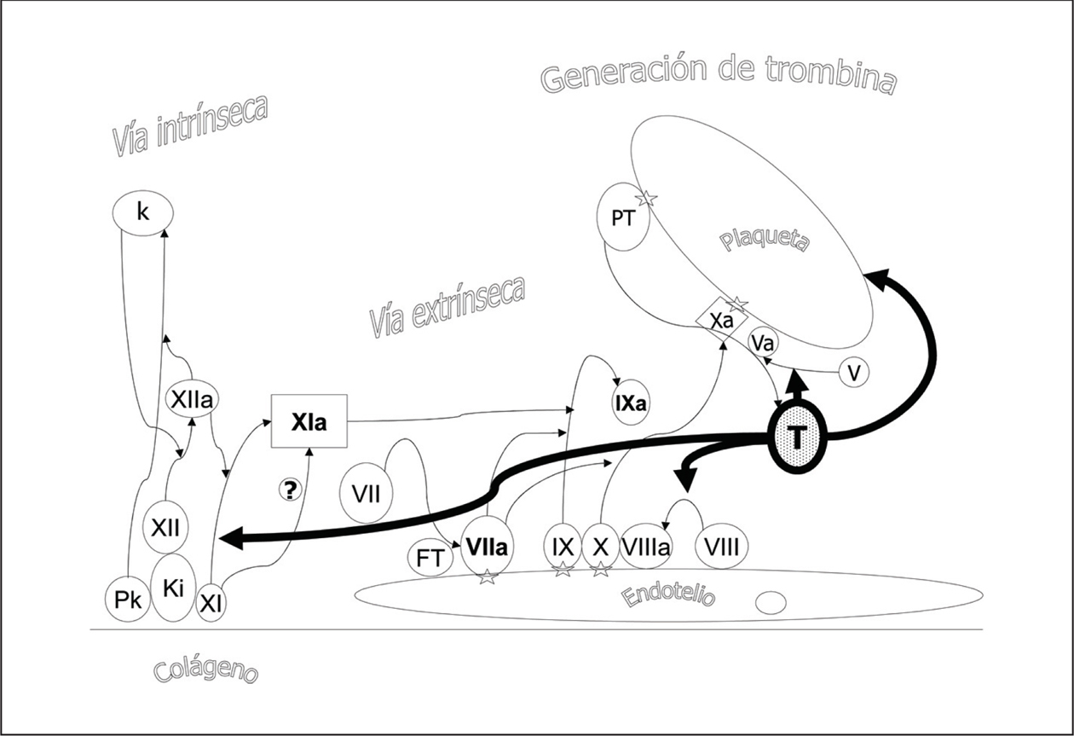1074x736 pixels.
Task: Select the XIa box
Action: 309,420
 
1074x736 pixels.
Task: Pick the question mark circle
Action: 291,489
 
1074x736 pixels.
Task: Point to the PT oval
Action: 623,217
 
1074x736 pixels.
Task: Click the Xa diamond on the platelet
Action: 722,321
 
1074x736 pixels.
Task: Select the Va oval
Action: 762,344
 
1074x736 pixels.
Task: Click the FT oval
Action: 429,559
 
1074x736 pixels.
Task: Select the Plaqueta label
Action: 764,241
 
